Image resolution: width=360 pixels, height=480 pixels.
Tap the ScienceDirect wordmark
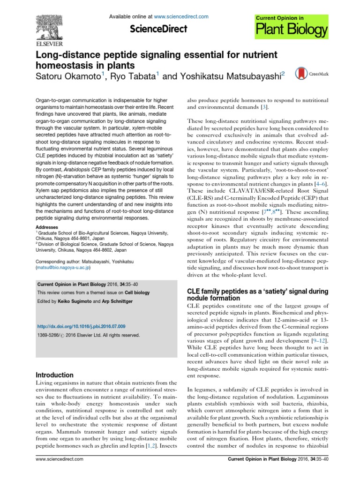[x=159, y=29]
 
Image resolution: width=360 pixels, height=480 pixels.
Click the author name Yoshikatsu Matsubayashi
[x=223, y=76]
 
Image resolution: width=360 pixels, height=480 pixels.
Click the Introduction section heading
[x=55, y=375]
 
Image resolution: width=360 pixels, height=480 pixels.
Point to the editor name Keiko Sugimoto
[x=74, y=301]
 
